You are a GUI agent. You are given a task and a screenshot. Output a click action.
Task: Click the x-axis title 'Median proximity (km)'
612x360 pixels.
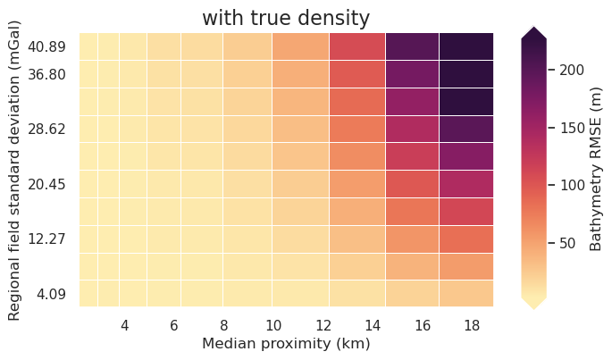click(x=285, y=344)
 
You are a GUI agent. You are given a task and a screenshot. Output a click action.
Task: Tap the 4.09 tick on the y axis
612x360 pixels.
click(x=51, y=294)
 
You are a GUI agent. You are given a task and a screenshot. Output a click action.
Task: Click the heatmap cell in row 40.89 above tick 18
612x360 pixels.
click(x=466, y=46)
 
